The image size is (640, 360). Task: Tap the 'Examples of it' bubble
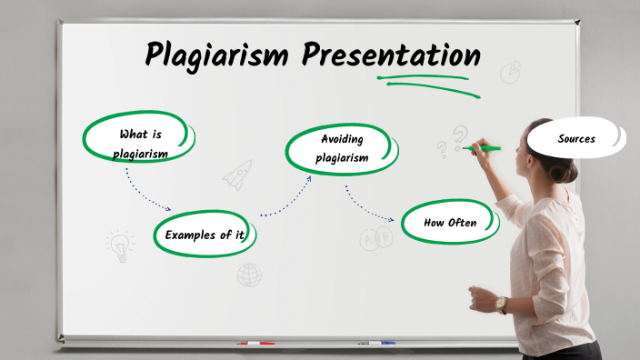click(205, 235)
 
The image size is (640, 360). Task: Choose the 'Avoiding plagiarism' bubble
click(342, 148)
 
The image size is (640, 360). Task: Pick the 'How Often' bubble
click(450, 223)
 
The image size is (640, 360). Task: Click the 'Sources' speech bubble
click(576, 139)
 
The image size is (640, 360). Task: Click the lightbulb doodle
click(119, 244)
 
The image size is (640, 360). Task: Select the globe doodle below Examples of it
click(249, 275)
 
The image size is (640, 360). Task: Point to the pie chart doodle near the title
click(510, 71)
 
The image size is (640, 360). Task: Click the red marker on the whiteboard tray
click(255, 343)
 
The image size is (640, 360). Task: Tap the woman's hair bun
click(565, 172)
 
